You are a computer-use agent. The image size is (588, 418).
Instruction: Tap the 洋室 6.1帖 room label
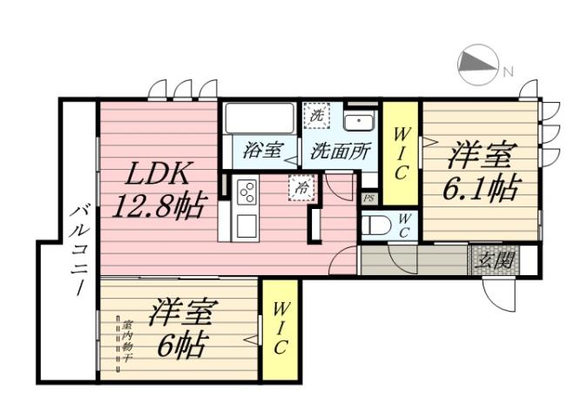point(481,172)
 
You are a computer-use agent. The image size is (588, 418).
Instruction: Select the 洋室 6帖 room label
point(182,328)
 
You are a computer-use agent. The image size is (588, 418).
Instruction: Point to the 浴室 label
point(262,149)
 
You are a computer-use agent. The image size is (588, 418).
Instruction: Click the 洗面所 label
point(340,149)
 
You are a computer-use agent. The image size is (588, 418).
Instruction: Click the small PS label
point(368,199)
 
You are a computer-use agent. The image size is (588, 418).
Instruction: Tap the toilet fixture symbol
point(375,226)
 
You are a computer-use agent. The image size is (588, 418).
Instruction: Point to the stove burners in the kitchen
point(245,190)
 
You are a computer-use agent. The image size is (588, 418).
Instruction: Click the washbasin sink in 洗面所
point(357,121)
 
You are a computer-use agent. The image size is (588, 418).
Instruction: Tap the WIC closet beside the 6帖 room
point(280,329)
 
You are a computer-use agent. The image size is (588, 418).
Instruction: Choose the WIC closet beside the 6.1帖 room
point(401,153)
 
